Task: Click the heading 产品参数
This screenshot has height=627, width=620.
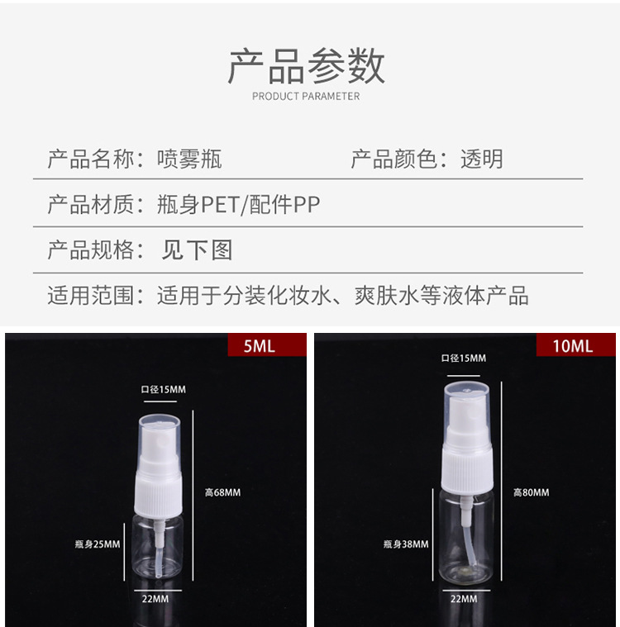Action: pyautogui.click(x=306, y=66)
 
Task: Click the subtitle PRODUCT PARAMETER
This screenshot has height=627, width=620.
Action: pyautogui.click(x=306, y=97)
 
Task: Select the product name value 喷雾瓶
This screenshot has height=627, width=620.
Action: pyautogui.click(x=189, y=159)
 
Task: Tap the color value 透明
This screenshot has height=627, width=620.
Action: pyautogui.click(x=481, y=159)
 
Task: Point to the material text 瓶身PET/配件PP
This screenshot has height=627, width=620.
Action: pyautogui.click(x=238, y=205)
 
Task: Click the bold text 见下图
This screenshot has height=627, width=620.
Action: pyautogui.click(x=197, y=250)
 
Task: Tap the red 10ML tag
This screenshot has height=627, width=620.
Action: pyautogui.click(x=572, y=345)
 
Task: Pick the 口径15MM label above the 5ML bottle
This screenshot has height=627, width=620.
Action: pyautogui.click(x=162, y=389)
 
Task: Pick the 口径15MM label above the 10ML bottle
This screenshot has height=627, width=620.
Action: pyautogui.click(x=463, y=358)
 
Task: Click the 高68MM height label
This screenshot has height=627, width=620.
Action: pyautogui.click(x=222, y=492)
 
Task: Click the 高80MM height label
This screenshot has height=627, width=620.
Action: pyautogui.click(x=531, y=492)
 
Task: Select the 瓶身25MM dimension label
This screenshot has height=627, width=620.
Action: pyautogui.click(x=97, y=544)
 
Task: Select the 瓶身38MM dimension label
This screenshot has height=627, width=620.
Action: pyautogui.click(x=406, y=544)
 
